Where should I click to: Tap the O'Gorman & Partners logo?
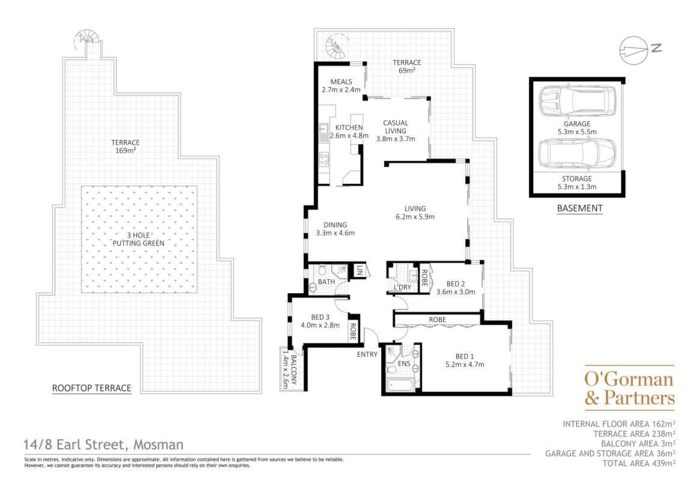coord(629,387)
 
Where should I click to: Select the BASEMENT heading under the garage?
coord(580,208)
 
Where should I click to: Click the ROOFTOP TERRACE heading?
coord(92,388)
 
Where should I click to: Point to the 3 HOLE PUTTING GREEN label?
coord(138,239)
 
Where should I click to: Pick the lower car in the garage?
coord(577,154)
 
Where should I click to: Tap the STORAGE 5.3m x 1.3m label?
coord(577,183)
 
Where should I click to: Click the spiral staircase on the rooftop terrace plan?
coord(87,38)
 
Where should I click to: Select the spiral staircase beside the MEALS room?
coord(336,47)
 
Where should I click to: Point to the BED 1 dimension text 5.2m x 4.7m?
coord(464,364)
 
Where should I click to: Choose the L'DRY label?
coord(402,287)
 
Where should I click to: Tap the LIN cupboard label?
coord(360,270)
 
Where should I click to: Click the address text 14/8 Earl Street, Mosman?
coord(104,445)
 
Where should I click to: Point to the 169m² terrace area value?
coord(125,150)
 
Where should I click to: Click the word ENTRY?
coord(367,354)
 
